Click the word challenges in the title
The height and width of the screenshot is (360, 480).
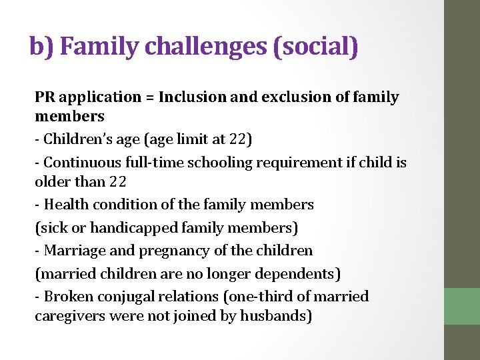tap(205, 47)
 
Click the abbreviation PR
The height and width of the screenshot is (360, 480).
tap(44, 97)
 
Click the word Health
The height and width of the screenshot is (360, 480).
tap(65, 205)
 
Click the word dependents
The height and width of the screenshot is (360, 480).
tap(299, 273)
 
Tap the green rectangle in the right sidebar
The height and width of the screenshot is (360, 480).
tap(462, 305)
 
